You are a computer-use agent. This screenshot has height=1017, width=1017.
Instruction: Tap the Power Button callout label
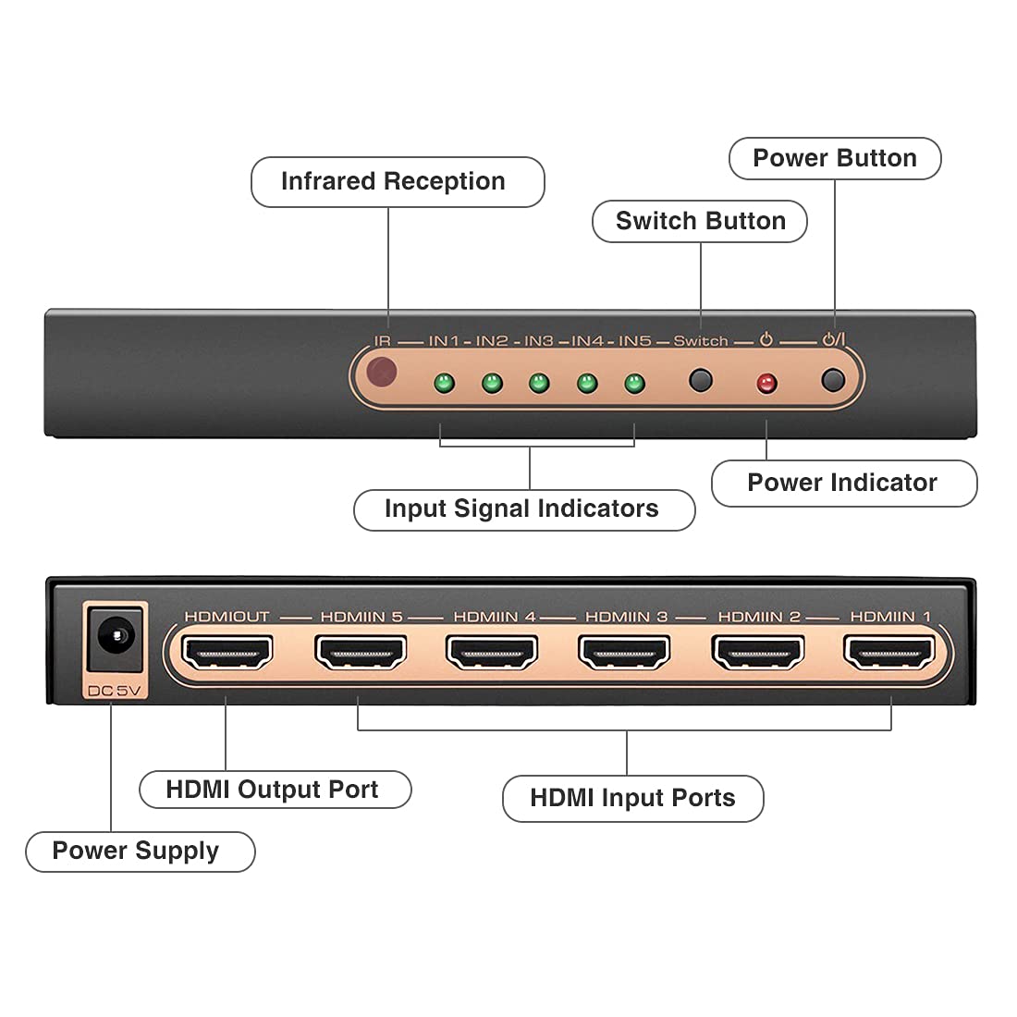tap(835, 159)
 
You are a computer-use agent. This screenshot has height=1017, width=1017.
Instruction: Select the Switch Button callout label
tap(700, 222)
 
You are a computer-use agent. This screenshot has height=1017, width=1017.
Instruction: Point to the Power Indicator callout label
tap(843, 484)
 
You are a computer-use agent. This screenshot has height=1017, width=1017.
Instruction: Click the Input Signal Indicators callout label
tap(523, 509)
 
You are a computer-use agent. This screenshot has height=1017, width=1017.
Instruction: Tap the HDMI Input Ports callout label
tap(632, 798)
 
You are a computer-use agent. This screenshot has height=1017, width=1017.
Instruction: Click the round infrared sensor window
tap(382, 373)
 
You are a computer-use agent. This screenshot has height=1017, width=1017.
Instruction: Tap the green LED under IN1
tap(444, 382)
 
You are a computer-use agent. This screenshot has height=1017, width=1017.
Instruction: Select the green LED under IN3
tap(539, 382)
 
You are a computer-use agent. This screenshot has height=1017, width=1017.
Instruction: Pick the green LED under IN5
tap(634, 382)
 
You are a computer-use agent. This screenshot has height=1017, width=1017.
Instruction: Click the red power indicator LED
tap(766, 383)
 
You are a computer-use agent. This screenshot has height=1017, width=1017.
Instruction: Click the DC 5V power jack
tap(116, 639)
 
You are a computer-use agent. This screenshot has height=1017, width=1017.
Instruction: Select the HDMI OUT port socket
tap(227, 653)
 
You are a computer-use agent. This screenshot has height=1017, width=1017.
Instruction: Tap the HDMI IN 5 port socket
tap(361, 653)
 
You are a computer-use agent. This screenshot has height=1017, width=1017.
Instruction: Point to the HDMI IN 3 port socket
tap(625, 653)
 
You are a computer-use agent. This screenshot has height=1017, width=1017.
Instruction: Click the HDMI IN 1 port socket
tap(889, 653)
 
